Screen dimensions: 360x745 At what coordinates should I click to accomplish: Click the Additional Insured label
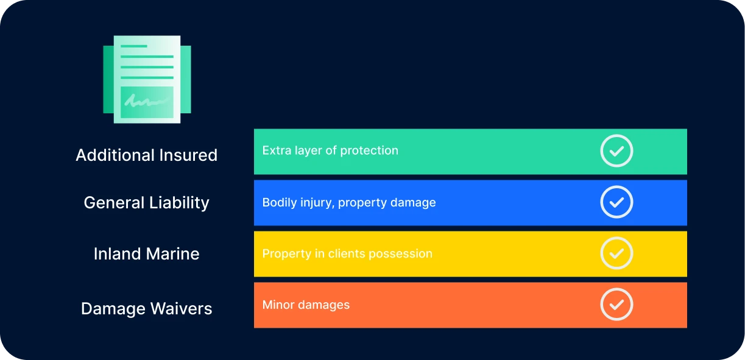146,155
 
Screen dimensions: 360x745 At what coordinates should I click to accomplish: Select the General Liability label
146,203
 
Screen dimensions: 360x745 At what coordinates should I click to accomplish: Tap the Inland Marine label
146,254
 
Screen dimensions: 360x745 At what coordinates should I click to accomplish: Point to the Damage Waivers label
146,308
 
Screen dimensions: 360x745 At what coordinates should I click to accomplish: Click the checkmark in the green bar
616,151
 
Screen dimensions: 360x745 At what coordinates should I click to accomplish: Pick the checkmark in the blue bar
616,202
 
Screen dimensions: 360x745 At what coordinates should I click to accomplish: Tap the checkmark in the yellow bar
616,253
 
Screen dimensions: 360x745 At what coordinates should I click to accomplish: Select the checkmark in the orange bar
616,305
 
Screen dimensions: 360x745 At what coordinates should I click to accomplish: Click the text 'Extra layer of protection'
330,150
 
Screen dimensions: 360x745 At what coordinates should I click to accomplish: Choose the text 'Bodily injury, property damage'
349,203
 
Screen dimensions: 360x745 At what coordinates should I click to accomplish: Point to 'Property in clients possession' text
347,254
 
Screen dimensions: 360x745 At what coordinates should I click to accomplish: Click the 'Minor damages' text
306,305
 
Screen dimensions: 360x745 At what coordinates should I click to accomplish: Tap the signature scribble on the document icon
146,102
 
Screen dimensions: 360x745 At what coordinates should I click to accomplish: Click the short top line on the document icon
134,46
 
